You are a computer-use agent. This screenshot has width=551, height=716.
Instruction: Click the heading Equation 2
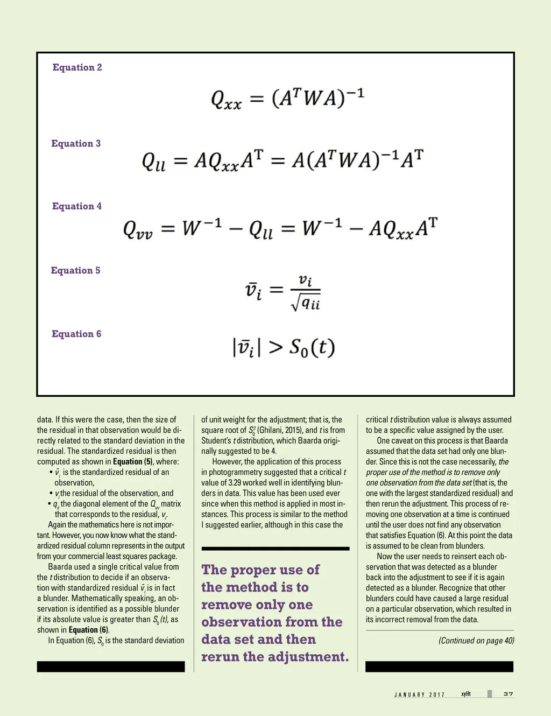[77, 67]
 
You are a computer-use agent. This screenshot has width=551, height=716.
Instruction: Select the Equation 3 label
[76, 143]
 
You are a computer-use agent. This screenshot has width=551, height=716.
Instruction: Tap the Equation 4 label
[76, 206]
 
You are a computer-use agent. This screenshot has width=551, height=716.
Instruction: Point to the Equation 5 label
[75, 270]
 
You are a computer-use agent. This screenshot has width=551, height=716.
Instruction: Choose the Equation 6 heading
[76, 334]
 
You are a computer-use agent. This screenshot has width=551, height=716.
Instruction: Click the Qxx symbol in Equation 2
[226, 99]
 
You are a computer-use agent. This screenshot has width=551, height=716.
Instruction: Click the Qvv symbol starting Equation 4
[138, 229]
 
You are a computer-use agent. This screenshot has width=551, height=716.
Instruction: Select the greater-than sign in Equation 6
[275, 348]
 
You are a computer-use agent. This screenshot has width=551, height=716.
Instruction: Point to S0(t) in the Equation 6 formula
[312, 348]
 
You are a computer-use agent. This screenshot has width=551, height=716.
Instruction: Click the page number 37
[508, 694]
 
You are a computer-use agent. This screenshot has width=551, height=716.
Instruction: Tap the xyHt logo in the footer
[466, 694]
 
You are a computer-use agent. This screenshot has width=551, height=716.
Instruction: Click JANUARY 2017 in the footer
[419, 694]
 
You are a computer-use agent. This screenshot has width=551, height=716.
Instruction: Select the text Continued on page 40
[476, 641]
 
